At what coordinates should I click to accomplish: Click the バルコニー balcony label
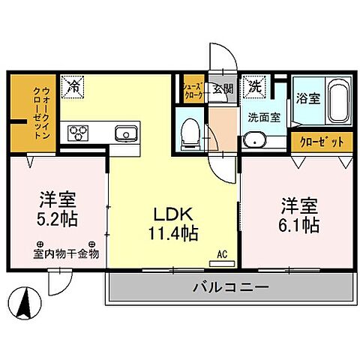tap(230, 286)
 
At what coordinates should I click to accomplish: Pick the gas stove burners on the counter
tap(79, 133)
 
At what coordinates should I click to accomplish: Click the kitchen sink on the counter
tap(124, 133)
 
